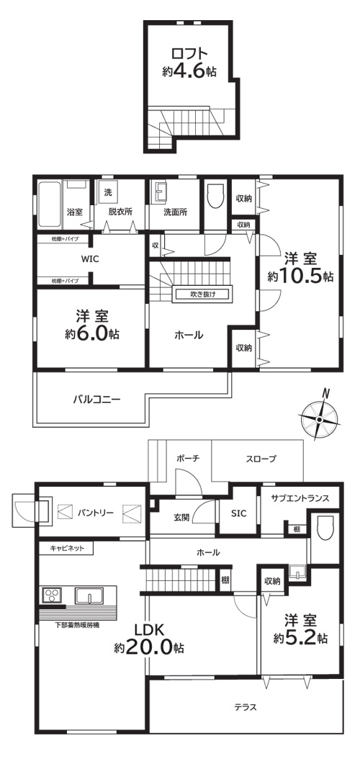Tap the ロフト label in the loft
point(189,55)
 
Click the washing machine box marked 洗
point(108,193)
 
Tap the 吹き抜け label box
point(202,293)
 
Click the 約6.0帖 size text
point(91,333)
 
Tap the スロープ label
point(261,459)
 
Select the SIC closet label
point(238,513)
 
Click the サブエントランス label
point(300,498)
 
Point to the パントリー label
point(96,513)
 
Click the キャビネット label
point(67,548)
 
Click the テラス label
point(245,706)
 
